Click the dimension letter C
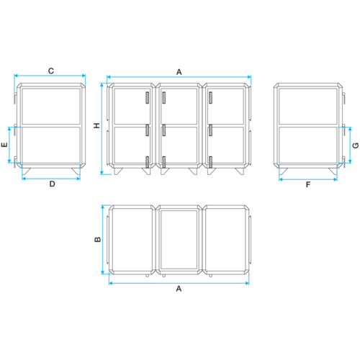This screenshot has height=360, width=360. click(x=51, y=71)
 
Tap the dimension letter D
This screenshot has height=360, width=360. click(x=52, y=184)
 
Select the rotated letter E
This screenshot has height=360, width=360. click(x=4, y=145)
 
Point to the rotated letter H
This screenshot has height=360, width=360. click(x=96, y=125)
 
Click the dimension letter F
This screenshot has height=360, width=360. click(x=308, y=184)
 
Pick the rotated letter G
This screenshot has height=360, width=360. click(x=356, y=145)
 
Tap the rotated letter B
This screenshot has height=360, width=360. click(x=98, y=239)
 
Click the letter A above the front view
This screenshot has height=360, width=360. click(x=179, y=72)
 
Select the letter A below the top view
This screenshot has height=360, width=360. click(x=179, y=289)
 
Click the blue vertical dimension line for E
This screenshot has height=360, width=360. click(x=9, y=145)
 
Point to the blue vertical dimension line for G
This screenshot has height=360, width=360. click(x=350, y=145)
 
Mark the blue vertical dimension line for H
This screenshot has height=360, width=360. click(x=102, y=129)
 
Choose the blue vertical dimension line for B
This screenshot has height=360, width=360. click(x=103, y=240)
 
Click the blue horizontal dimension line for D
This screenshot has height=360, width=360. click(x=51, y=179)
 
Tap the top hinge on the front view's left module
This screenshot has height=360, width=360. click(x=148, y=98)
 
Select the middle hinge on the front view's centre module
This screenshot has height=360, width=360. click(x=163, y=130)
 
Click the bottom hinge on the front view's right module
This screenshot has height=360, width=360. click(x=210, y=162)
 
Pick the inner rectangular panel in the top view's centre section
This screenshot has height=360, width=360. click(x=179, y=240)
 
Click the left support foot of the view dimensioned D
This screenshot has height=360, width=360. click(x=27, y=171)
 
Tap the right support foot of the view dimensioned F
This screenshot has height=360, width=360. click(x=333, y=171)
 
